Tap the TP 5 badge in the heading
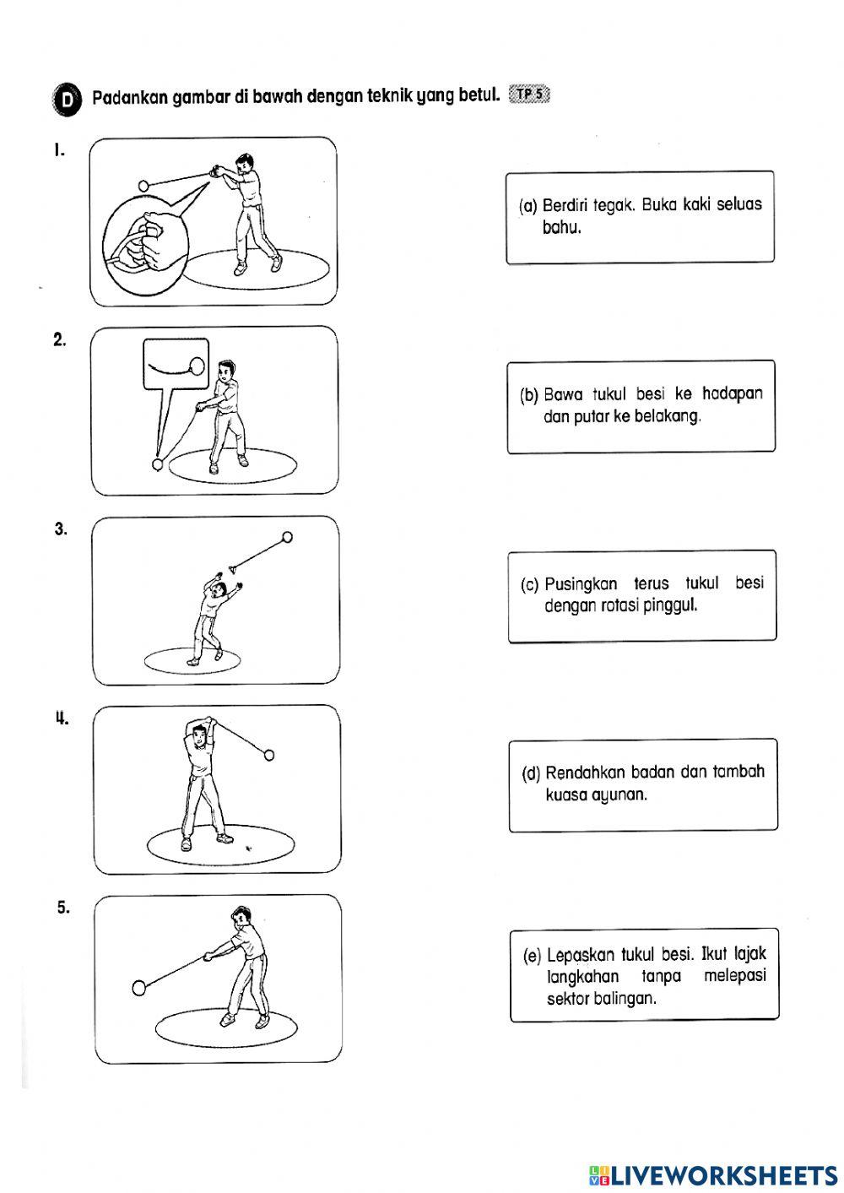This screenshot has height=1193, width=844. tap(529, 95)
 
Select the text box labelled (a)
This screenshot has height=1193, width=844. tap(640, 217)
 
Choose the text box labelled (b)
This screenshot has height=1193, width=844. tap(641, 406)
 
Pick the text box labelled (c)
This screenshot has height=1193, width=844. tap(641, 595)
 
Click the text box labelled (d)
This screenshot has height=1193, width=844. tap(642, 784)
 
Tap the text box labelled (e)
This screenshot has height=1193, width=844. tap(644, 975)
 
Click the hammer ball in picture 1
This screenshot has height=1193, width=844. tap(143, 185)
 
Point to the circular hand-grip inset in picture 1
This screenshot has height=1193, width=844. tap(143, 243)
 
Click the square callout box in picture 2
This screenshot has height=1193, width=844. tap(176, 365)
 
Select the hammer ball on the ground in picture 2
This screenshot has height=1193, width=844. tap(156, 464)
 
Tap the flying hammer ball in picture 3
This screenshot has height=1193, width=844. tap(287, 536)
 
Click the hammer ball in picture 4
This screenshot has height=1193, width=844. tap(269, 755)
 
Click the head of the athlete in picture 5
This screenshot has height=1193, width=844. tap(241, 918)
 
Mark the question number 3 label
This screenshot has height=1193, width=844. tap(60, 529)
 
